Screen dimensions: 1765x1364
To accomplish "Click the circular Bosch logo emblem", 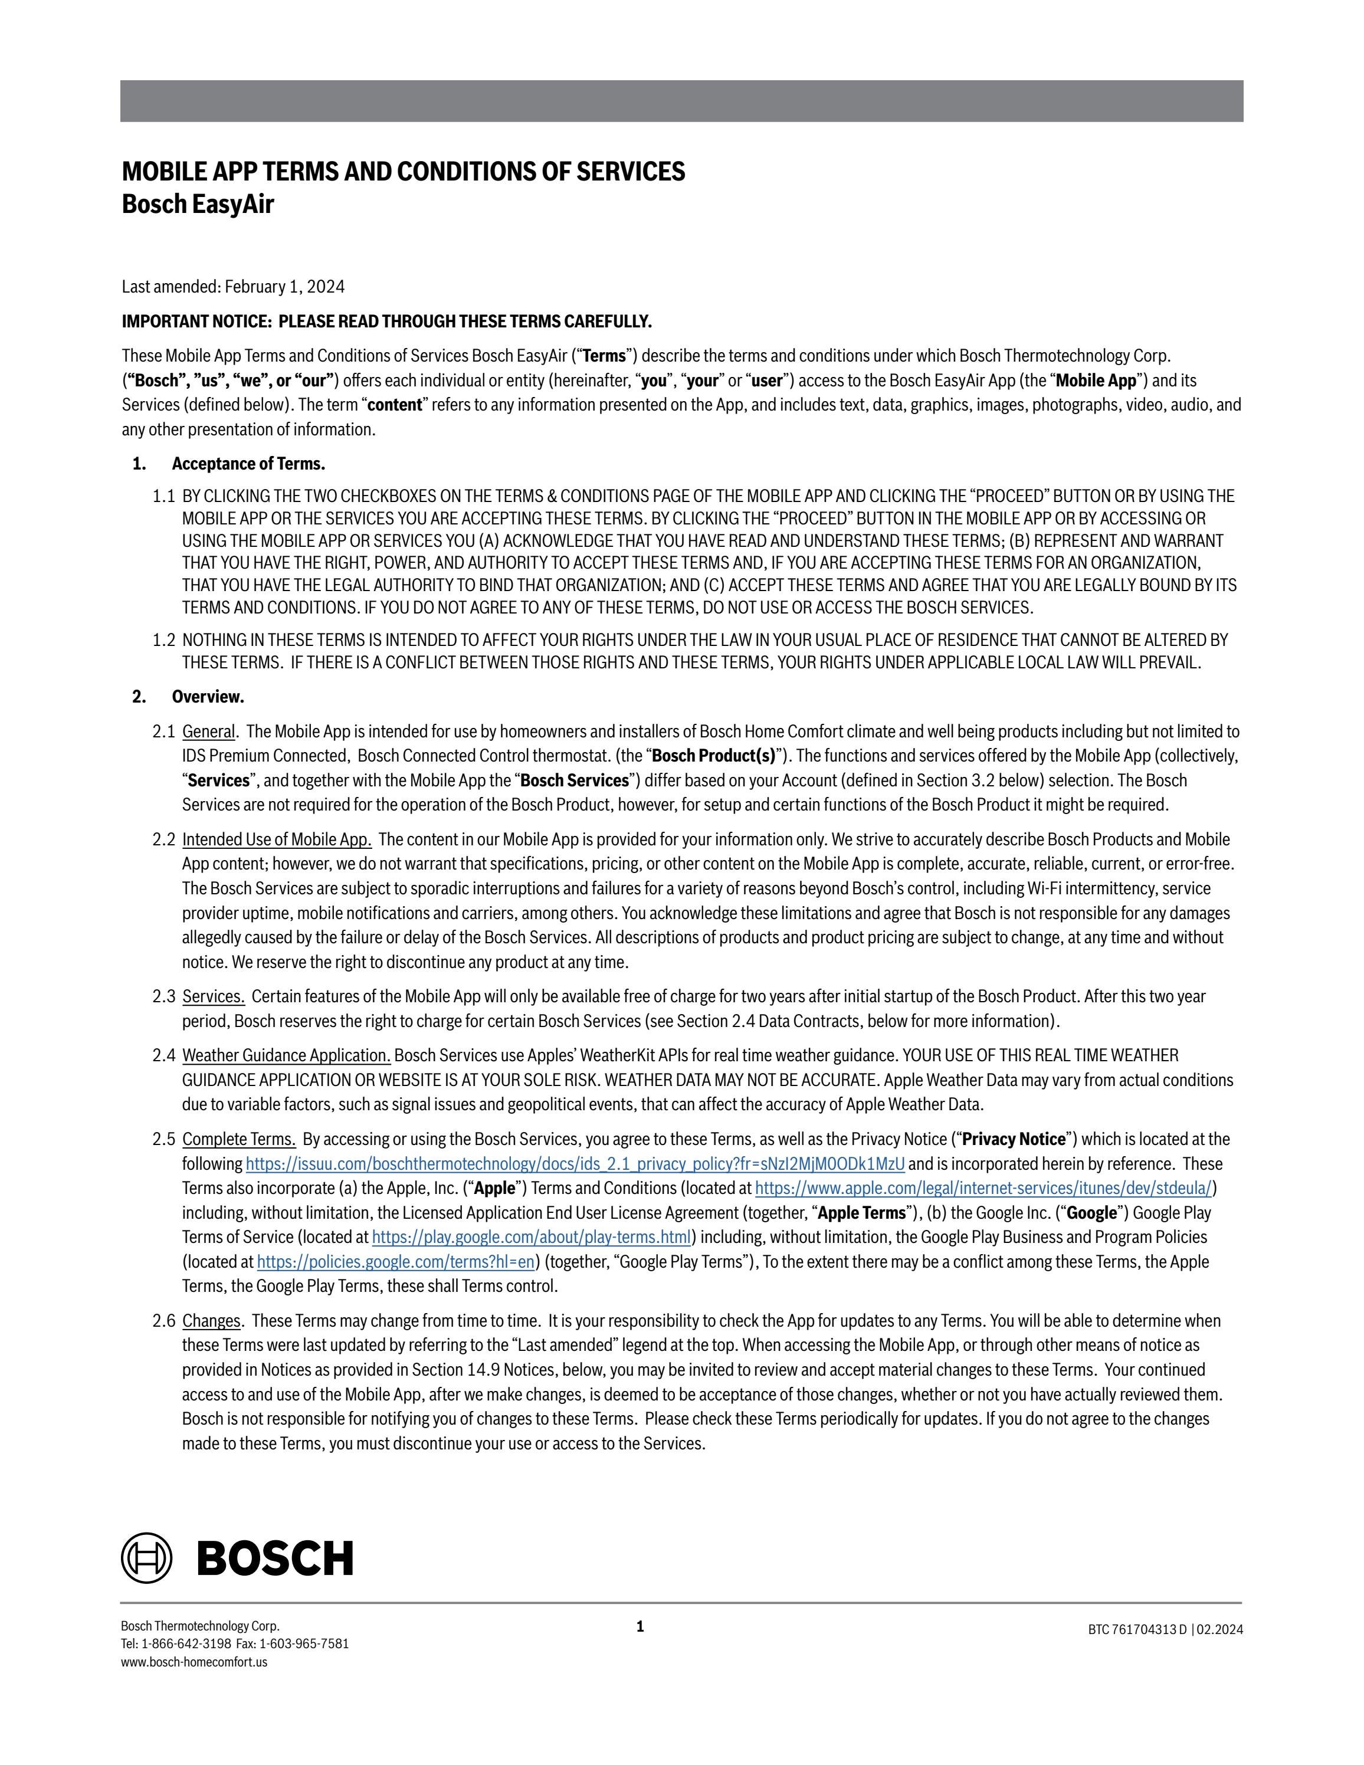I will [146, 1557].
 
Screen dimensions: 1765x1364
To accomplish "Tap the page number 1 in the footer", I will [640, 1626].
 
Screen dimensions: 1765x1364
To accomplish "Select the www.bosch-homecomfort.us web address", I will [194, 1662].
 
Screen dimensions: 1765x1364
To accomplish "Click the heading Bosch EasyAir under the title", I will [198, 205].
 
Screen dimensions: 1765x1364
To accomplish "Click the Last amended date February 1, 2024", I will [284, 287].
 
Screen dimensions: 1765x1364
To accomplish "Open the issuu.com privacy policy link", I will [575, 1164].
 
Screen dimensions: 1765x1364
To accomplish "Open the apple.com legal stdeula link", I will [983, 1188].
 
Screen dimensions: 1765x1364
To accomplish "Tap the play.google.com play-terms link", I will [531, 1237].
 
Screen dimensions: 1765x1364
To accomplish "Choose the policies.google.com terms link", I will [395, 1262].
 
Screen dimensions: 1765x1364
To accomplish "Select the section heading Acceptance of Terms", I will [248, 464].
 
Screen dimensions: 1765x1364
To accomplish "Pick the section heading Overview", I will [208, 697].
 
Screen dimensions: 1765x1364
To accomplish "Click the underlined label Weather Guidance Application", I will [286, 1055].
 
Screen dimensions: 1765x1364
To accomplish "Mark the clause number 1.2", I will [163, 640].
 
